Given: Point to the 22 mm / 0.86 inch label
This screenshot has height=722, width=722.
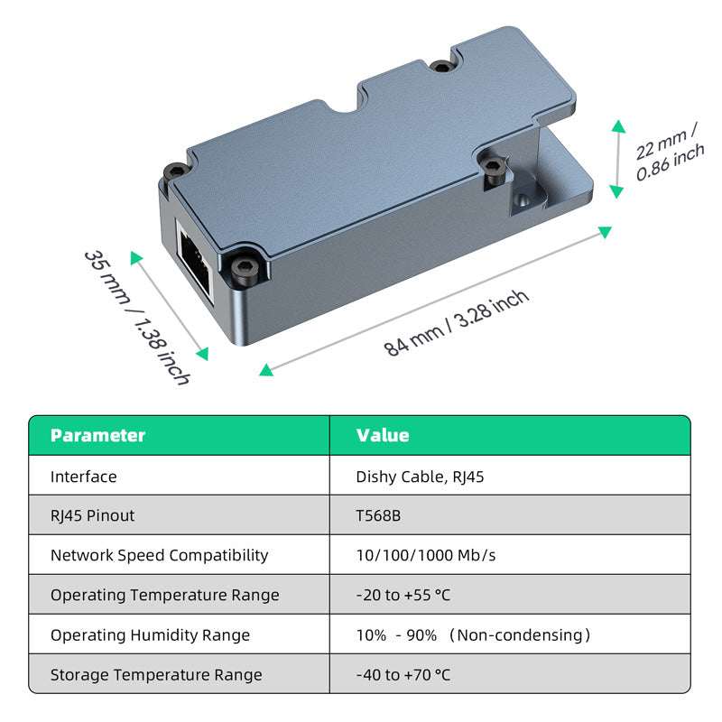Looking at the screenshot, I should tap(669, 154).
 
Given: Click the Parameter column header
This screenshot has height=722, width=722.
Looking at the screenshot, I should tap(97, 435).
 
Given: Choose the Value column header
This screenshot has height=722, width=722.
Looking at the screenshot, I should tap(383, 435).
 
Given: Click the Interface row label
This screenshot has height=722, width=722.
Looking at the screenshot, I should tap(84, 477).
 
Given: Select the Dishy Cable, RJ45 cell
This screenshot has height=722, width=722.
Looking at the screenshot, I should tap(420, 477).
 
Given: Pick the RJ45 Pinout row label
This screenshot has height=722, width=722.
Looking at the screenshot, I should tap(92, 515).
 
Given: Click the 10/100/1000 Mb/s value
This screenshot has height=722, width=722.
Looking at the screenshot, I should tap(426, 555).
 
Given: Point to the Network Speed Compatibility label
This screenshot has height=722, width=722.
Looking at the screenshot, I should tap(159, 555).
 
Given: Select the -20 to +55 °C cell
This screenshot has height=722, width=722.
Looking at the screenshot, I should tap(403, 595).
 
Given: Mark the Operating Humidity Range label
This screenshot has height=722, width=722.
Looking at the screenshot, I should tap(151, 634).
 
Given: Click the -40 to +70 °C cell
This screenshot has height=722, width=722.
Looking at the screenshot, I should tap(403, 674).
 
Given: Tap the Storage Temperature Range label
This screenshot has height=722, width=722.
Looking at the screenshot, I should tap(156, 674).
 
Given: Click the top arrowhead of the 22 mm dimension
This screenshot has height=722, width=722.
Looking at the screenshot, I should tap(617, 125).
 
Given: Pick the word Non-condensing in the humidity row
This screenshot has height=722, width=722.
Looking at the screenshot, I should tap(520, 634).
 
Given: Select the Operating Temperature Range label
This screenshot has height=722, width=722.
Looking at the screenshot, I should tap(164, 595).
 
